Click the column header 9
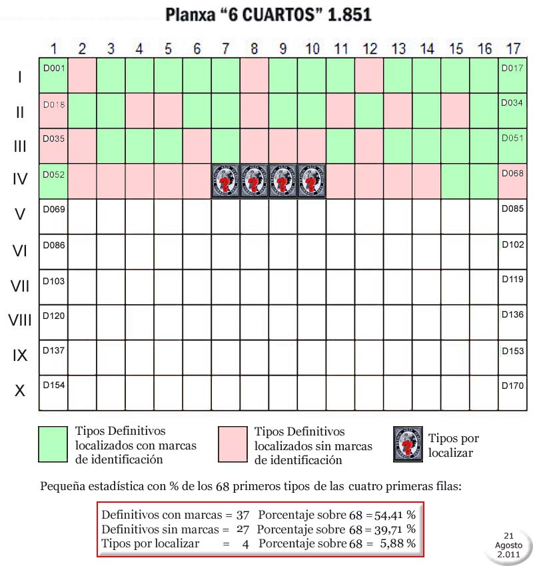[x=282, y=49]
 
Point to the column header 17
[x=512, y=49]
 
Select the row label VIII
[x=20, y=321]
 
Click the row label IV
[x=20, y=180]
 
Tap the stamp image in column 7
[x=225, y=180]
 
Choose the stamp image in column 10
[x=311, y=180]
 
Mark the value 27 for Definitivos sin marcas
[x=243, y=529]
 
